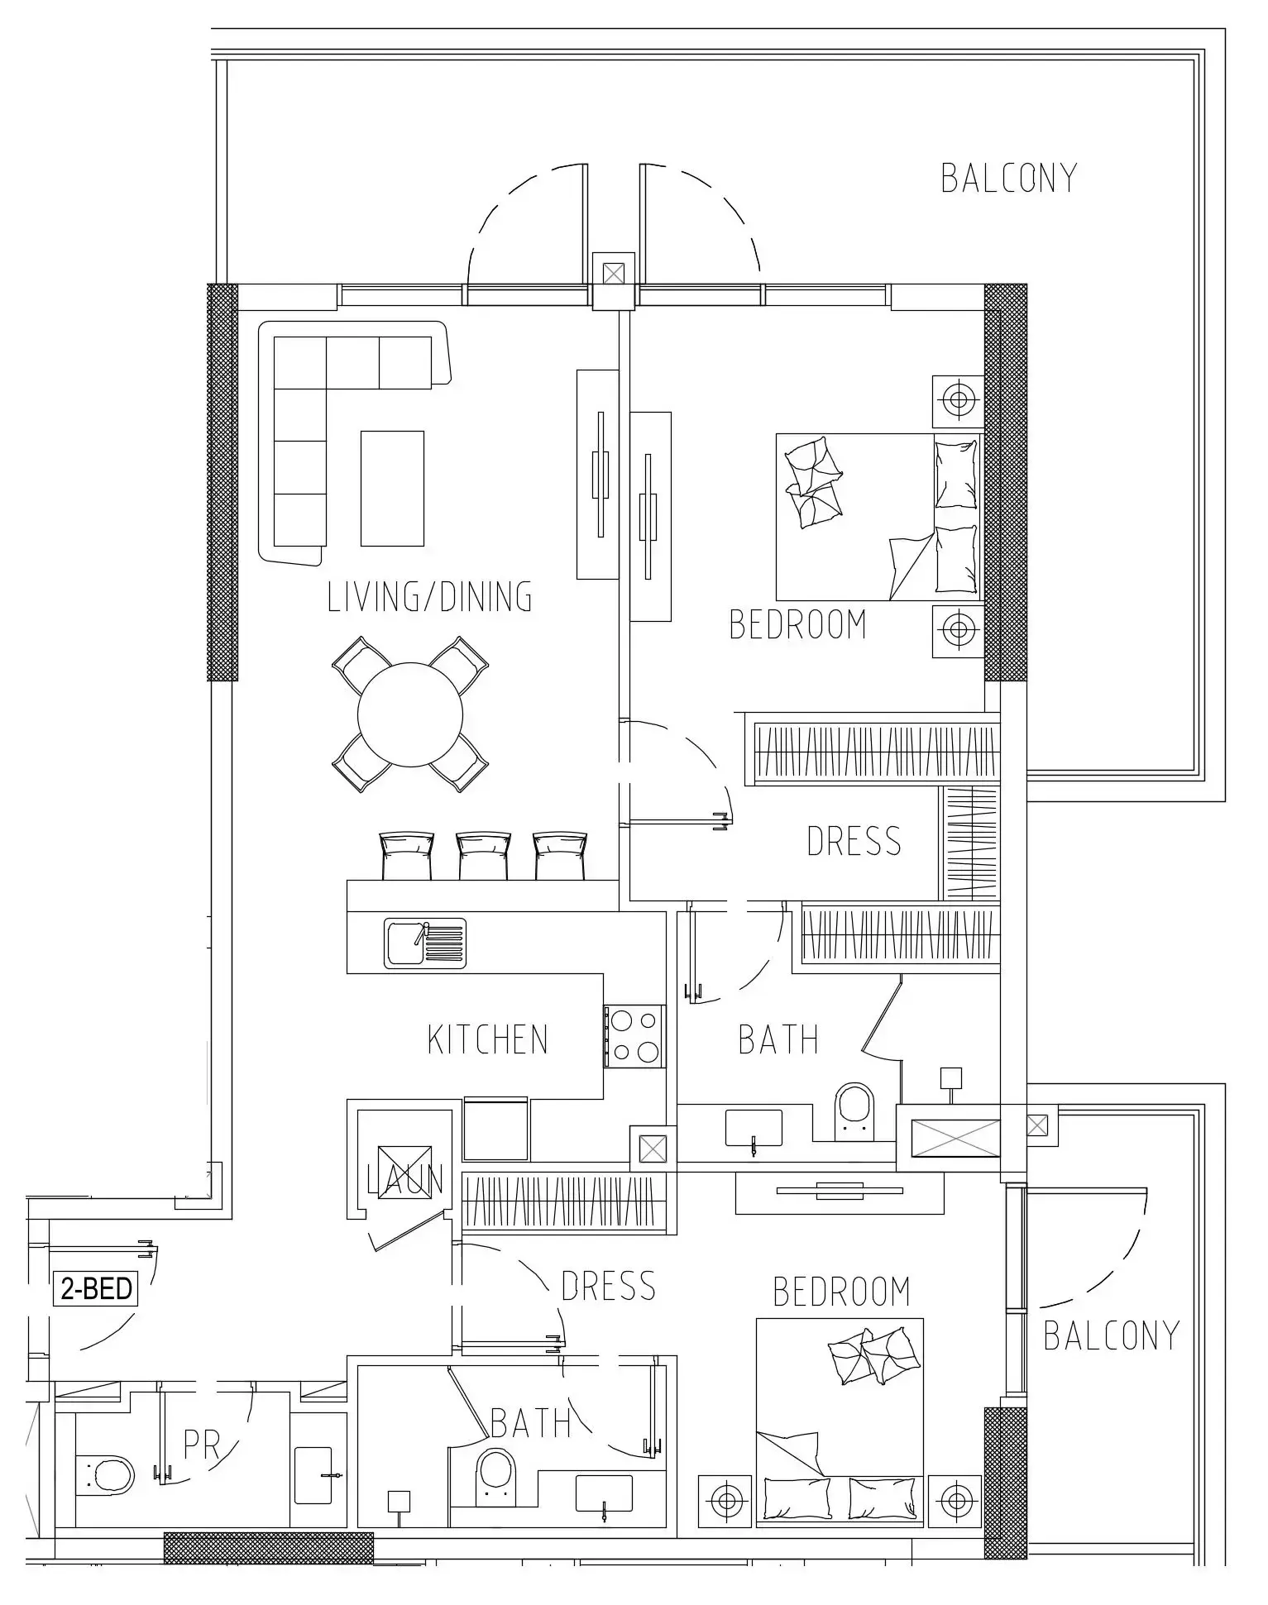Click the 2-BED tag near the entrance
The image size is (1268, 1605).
click(x=96, y=1288)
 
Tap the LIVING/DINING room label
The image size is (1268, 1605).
click(x=429, y=597)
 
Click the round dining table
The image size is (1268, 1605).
click(x=410, y=714)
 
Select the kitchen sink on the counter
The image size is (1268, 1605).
click(x=424, y=943)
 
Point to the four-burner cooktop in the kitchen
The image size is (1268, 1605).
click(x=634, y=1035)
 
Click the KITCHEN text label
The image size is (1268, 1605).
click(x=487, y=1039)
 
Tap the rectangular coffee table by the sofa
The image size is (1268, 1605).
click(x=392, y=488)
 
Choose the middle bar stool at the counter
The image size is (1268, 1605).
click(x=483, y=855)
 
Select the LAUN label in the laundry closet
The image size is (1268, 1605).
click(x=404, y=1180)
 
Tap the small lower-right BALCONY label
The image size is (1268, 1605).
click(x=1111, y=1335)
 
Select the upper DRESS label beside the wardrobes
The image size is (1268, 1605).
click(x=853, y=841)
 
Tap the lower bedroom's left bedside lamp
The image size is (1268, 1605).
click(x=725, y=1499)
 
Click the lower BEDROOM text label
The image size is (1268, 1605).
click(x=841, y=1291)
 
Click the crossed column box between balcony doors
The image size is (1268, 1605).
click(x=613, y=274)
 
